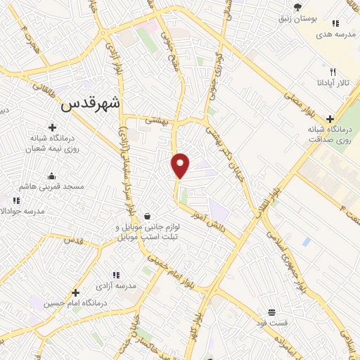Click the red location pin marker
181,165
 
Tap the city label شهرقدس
91,103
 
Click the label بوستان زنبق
298,19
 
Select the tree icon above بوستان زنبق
298,7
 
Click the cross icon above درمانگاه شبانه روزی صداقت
330,119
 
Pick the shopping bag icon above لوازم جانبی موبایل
147,216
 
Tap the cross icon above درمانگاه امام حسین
75,291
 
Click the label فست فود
271,323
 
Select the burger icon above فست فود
271,311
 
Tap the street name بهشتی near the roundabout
158,121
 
